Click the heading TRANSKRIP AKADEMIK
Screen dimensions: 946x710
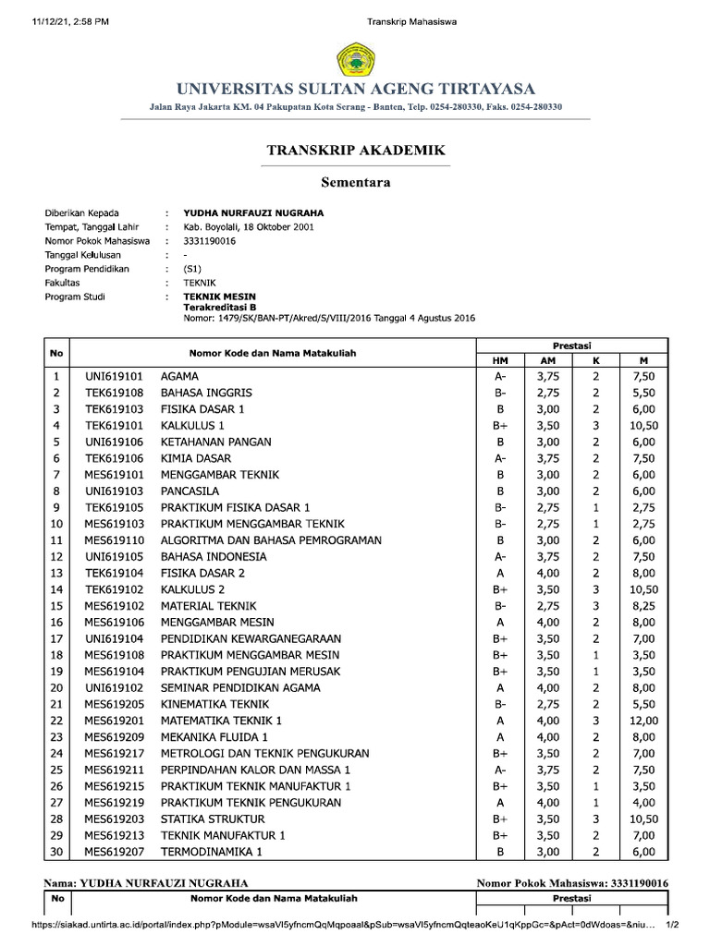point(356,150)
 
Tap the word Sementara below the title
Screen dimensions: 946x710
point(355,182)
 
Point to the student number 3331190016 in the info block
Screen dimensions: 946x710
point(210,240)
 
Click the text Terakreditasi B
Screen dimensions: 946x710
point(219,307)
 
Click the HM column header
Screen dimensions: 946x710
point(499,359)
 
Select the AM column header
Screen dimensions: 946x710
point(547,359)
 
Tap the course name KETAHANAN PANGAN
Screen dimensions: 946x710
point(216,442)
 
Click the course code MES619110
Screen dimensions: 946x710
point(114,540)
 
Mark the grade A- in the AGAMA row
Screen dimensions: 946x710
point(499,376)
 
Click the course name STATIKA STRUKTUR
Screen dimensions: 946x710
point(213,819)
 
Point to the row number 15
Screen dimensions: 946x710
point(56,606)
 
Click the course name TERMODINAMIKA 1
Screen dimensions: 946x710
point(212,851)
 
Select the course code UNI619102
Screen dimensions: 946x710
point(114,687)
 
